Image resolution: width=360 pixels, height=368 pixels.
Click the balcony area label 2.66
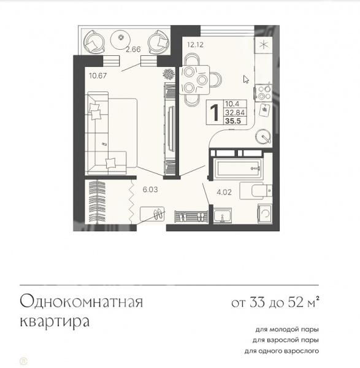(x=133, y=49)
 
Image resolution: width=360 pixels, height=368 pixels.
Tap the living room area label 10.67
(x=98, y=75)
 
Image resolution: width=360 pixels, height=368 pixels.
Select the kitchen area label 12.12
(x=195, y=45)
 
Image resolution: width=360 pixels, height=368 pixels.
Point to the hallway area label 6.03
(x=150, y=190)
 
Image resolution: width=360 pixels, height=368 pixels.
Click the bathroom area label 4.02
(x=224, y=192)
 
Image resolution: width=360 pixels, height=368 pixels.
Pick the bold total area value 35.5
(x=233, y=121)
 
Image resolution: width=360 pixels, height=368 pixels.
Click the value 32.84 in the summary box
(x=235, y=113)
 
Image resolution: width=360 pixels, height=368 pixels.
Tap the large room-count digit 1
(x=215, y=113)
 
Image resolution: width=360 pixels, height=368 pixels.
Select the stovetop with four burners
(x=264, y=93)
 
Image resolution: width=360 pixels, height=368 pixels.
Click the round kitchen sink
(x=263, y=136)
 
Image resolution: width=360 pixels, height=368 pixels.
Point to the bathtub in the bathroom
(x=237, y=168)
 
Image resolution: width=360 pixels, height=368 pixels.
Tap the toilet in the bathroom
(x=256, y=191)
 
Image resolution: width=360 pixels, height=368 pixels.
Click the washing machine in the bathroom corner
(x=265, y=213)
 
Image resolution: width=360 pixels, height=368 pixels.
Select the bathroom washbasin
(x=223, y=215)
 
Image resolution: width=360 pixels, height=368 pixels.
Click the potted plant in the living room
(x=169, y=74)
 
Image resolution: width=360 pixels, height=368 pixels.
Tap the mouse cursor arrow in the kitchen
(x=246, y=79)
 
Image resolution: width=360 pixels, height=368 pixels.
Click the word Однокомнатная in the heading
(x=82, y=301)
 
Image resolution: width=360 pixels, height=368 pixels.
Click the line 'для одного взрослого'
(x=281, y=351)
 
